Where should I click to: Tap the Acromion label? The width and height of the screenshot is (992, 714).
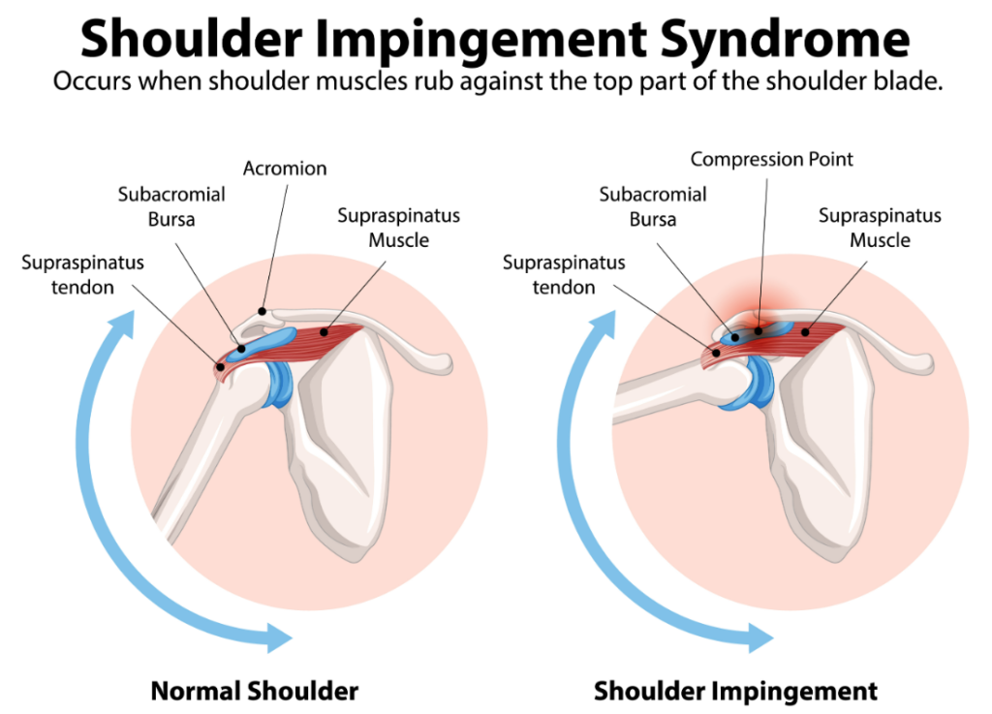[x=286, y=169]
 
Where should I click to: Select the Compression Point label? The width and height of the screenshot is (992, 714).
[x=771, y=159]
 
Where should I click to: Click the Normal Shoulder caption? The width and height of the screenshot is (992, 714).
[x=255, y=691]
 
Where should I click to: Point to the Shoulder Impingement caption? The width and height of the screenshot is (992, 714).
[x=736, y=691]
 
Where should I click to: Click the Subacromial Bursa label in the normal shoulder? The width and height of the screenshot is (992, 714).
[x=171, y=206]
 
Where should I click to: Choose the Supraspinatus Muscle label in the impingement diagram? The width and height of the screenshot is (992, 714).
[x=880, y=228]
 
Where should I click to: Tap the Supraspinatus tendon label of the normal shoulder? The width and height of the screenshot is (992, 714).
[x=83, y=274]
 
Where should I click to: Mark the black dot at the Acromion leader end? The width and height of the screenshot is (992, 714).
[x=262, y=311]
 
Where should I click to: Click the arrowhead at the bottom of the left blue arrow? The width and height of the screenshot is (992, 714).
[x=278, y=637]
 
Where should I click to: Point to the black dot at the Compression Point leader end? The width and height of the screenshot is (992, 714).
[x=759, y=330]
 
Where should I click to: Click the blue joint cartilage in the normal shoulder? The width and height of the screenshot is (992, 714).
[x=279, y=384]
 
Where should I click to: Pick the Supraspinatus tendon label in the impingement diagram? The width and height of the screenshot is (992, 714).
[x=564, y=274]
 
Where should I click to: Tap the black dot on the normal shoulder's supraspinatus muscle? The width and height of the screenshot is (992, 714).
[x=324, y=331]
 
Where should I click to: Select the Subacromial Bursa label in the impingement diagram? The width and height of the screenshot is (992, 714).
[x=653, y=206]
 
